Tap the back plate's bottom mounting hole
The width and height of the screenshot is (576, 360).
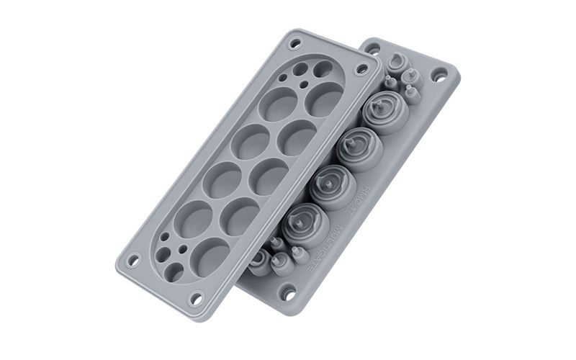[288, 293]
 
